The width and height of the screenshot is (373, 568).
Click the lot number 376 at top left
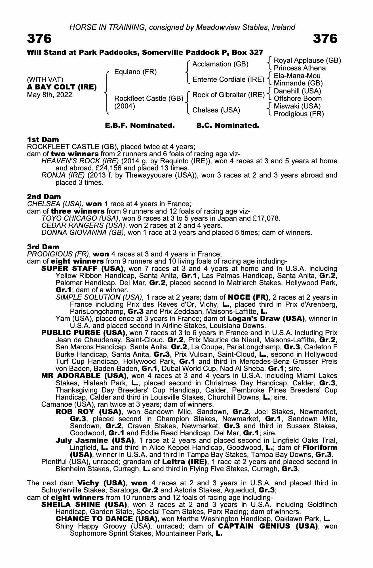point(39,39)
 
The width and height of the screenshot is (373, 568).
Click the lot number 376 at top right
point(325,39)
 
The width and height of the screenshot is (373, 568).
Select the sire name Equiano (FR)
point(135,72)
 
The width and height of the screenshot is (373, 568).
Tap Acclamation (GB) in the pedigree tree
point(220,64)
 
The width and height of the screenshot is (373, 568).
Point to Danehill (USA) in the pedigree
point(297,91)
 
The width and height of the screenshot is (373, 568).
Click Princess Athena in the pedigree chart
point(300,68)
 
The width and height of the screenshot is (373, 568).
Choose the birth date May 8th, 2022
point(49,95)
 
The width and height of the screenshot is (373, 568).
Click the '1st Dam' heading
point(43,139)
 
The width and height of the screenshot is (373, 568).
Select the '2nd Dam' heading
point(44,197)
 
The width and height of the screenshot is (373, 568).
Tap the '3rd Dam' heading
point(43,247)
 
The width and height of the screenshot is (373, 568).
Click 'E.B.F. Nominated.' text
point(140,126)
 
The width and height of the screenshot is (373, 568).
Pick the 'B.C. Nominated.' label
point(228,126)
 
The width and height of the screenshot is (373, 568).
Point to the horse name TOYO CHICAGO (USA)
point(79,218)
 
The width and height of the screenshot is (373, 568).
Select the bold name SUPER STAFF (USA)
point(82,269)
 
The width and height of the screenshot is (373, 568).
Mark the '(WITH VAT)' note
point(45,80)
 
